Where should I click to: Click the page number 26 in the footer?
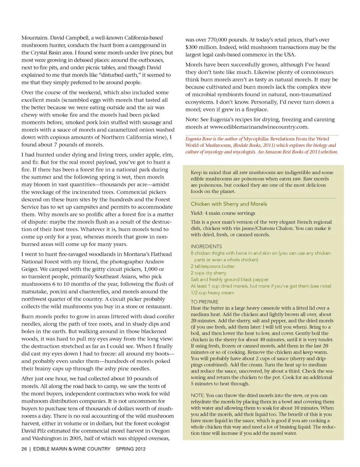pos(24,449)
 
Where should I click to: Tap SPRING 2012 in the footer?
pos(130,449)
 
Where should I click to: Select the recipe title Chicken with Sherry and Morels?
pos(229,204)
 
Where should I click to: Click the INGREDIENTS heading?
pos(206,246)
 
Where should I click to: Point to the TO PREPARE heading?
pos(204,302)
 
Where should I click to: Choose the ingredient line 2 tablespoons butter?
pos(213,266)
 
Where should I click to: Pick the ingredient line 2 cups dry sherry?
pos(208,273)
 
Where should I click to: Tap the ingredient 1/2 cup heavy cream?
pos(212,293)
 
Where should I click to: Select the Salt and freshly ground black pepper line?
pos(229,279)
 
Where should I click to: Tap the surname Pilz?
pos(46,431)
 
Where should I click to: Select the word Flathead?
pos(159,254)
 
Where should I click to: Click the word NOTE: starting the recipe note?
pos(198,395)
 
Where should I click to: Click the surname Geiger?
pos(30,269)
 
